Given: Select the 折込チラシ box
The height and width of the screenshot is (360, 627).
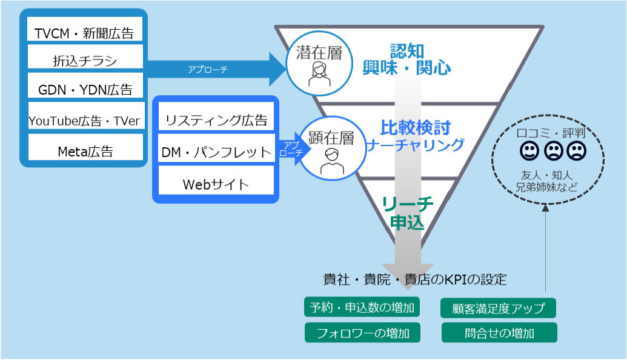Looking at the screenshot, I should [x=84, y=61].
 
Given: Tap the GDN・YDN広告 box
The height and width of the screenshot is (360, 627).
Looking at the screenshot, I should [x=84, y=89].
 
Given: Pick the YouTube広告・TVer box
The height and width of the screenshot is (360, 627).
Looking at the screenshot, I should [x=84, y=121].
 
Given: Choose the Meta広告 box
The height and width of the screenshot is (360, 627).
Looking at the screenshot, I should [x=84, y=151].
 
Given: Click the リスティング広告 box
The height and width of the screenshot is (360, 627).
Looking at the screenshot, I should [x=216, y=119].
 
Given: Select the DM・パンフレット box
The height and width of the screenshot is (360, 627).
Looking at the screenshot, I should [x=216, y=152].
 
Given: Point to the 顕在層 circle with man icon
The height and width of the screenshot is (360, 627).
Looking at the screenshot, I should [x=331, y=148].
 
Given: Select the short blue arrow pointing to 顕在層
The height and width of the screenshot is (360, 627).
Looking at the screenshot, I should [x=291, y=149].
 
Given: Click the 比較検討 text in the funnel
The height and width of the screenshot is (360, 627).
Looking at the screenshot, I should [x=415, y=128].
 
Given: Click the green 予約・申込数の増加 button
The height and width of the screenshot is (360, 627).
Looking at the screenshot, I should [x=362, y=307].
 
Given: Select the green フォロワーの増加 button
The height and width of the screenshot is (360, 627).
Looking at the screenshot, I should [x=362, y=333].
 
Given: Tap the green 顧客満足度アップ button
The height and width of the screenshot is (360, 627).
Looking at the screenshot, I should [x=498, y=308].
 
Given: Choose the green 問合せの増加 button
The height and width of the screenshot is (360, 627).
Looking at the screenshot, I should [x=498, y=333].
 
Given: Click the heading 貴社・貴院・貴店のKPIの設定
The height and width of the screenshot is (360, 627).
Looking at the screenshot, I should [x=414, y=279].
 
